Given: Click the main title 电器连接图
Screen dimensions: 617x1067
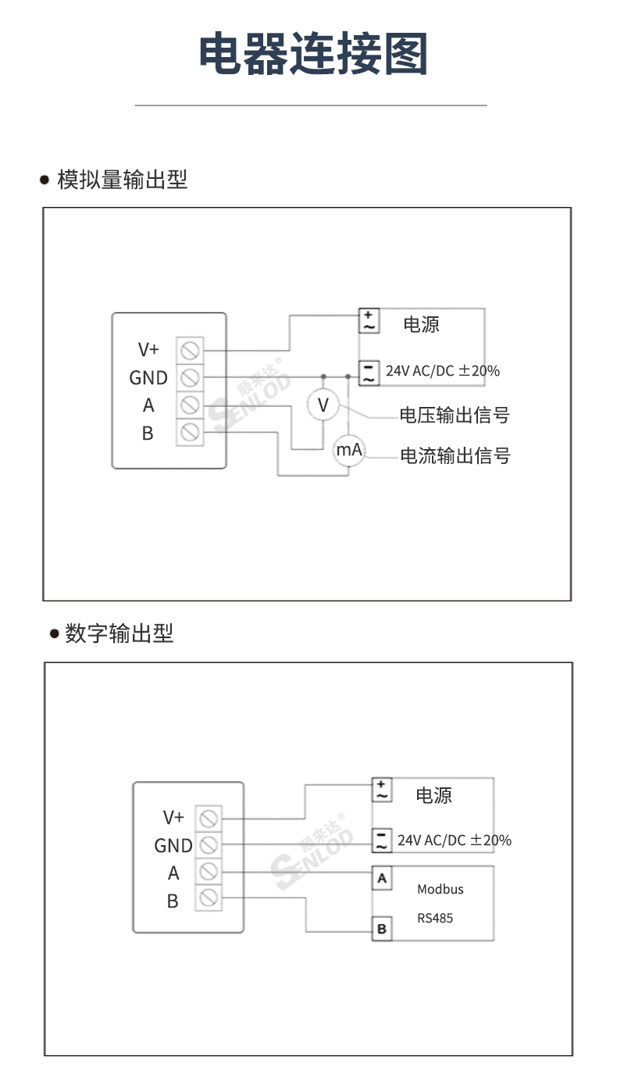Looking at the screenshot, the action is (312, 53).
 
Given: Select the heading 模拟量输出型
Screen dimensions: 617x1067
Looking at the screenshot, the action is (122, 180).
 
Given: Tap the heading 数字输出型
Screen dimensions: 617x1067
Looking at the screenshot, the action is (119, 633).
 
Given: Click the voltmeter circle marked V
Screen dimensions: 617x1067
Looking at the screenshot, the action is (323, 405).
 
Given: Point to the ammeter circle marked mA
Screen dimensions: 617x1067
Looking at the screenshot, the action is (349, 450).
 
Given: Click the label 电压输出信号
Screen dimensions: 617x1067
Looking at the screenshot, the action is (455, 415).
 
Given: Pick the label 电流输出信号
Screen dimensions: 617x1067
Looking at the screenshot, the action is (455, 456).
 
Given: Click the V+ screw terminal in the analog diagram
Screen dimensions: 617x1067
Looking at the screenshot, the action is (190, 351).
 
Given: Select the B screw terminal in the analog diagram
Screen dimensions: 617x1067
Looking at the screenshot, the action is (190, 433).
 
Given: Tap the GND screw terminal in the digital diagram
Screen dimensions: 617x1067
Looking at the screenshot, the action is (209, 845).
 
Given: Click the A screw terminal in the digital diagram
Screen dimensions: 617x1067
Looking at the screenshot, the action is (209, 871).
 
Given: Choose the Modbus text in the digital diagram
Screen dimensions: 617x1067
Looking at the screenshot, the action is (440, 890).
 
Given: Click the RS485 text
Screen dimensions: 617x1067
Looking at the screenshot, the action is (435, 918).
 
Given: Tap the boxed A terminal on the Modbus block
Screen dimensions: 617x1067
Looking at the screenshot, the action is (382, 879).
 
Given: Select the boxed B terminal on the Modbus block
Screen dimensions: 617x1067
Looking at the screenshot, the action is (382, 929).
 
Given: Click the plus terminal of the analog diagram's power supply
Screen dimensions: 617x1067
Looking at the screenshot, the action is (369, 320).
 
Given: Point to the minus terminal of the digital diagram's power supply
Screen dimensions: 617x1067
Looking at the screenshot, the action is (381, 840).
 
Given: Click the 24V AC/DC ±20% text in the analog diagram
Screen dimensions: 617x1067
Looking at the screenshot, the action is (443, 370).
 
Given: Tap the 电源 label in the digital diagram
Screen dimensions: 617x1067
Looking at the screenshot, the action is (433, 795).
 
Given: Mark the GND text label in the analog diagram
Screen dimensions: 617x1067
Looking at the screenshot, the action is (148, 378).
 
